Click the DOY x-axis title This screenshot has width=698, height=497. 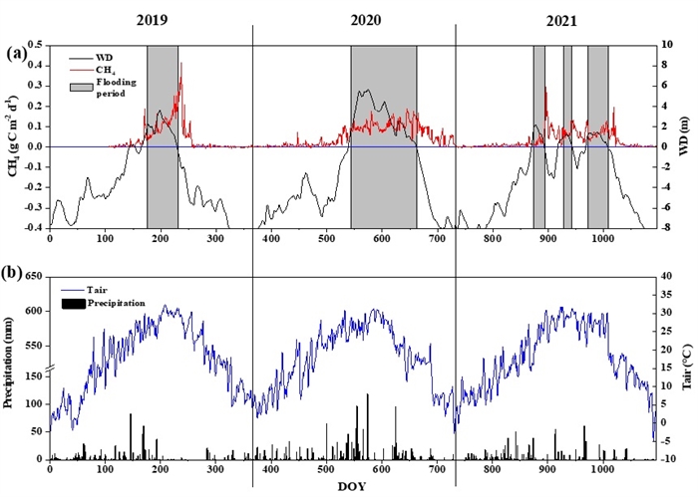[x=352, y=486]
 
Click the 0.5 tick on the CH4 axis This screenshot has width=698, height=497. [x=33, y=45]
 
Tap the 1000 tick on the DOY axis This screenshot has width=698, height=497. [x=601, y=469]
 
